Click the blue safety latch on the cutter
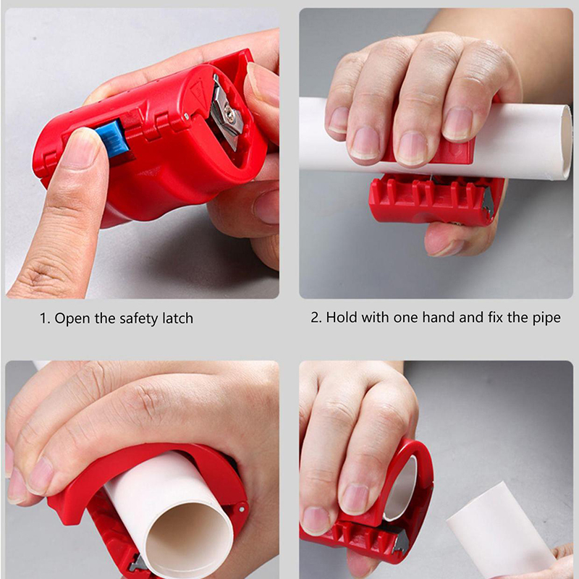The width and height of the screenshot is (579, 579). (x=113, y=138)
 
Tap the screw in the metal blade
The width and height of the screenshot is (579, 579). (x=229, y=111)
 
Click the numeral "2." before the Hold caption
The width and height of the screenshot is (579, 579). (x=316, y=318)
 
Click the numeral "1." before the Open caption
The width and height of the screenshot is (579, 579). (x=45, y=318)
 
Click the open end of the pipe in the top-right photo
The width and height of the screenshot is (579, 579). (x=566, y=142)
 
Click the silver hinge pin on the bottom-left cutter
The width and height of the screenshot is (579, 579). (x=242, y=509)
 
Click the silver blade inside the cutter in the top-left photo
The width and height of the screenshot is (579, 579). (x=226, y=113)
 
